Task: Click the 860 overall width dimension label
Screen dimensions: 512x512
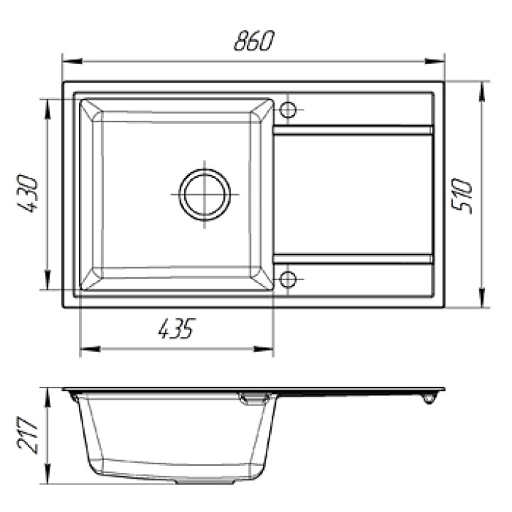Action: [x=255, y=41]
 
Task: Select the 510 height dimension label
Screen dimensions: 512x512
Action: [x=462, y=196]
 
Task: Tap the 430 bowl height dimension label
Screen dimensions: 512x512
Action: [x=28, y=194]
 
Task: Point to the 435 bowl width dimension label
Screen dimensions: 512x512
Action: [x=176, y=328]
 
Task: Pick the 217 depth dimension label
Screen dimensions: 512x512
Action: [x=28, y=435]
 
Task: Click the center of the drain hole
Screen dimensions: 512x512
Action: [x=205, y=195]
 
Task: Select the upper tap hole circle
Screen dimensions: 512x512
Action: [x=288, y=110]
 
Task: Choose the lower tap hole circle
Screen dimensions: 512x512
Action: [x=288, y=279]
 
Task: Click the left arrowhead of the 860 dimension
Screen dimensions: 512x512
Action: [x=72, y=61]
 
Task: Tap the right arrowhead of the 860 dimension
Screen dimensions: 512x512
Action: [x=434, y=61]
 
